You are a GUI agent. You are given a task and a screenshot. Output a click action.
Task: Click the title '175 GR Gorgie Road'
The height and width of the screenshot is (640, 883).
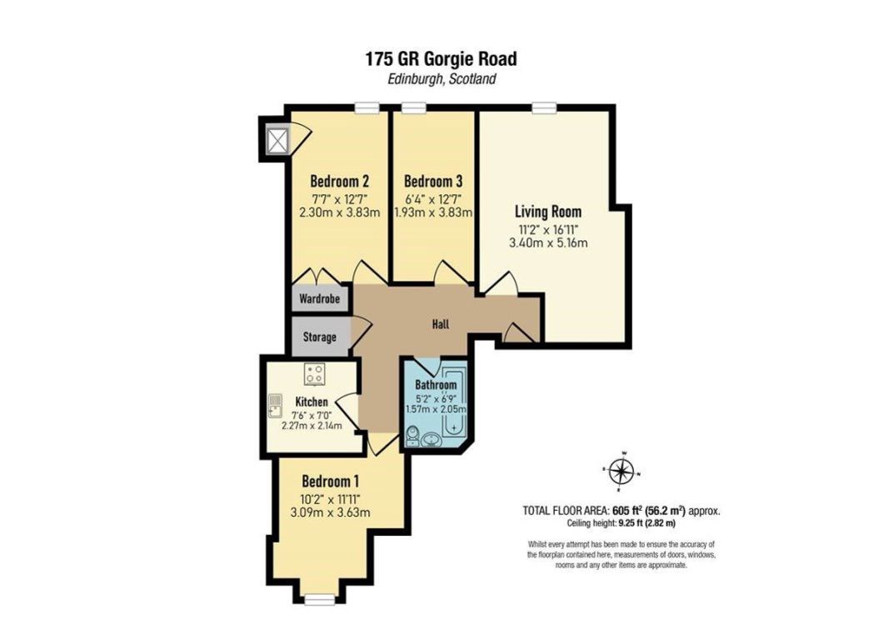(441, 58)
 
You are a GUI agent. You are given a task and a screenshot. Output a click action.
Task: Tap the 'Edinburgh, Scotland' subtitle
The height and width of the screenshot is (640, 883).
(441, 79)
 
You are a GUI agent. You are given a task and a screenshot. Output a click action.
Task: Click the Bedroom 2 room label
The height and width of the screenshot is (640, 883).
(340, 182)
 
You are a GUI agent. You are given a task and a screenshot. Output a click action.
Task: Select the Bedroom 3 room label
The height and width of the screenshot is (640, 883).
(433, 182)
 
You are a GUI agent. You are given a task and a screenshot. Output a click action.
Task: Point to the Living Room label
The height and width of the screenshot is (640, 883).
(548, 212)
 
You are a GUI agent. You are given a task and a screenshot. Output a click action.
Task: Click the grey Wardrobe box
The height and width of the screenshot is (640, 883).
(320, 298)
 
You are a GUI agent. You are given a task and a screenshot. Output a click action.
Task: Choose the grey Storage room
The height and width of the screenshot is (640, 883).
(320, 337)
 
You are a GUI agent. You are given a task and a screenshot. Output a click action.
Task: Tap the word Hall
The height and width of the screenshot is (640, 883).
(441, 324)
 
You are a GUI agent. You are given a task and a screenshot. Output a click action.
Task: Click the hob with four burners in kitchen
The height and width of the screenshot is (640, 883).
(314, 373)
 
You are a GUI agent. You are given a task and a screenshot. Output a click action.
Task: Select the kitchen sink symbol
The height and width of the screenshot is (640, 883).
(275, 404)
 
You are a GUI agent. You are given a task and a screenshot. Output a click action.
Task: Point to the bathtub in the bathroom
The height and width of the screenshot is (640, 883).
(454, 402)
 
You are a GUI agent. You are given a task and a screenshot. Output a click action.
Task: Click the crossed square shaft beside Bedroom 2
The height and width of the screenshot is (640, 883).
(277, 140)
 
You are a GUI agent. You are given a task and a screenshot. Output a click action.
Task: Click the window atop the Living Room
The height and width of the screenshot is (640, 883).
(543, 107)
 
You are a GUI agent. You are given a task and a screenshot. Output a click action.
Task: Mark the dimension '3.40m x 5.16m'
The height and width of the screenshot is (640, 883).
(548, 242)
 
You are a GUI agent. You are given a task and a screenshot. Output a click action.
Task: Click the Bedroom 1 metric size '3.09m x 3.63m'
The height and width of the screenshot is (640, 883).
(330, 512)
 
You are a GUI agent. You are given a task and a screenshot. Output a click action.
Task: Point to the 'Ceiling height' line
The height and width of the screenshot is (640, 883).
(621, 523)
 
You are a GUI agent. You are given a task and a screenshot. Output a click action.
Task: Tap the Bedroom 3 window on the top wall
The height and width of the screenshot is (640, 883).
(414, 107)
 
